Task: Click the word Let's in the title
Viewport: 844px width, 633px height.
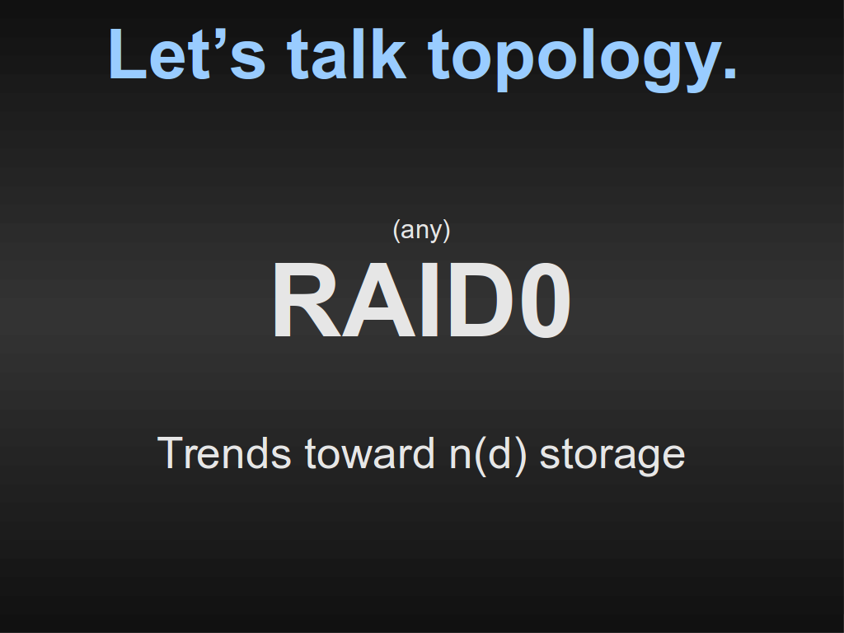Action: [187, 54]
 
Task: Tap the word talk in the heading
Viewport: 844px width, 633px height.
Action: [346, 54]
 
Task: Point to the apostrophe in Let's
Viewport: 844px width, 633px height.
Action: [219, 37]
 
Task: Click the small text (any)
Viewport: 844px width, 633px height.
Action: [421, 231]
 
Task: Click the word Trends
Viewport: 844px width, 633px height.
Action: [224, 453]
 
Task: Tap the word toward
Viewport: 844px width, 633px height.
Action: [370, 453]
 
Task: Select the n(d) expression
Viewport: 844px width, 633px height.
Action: [488, 456]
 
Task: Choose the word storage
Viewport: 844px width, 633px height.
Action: [612, 457]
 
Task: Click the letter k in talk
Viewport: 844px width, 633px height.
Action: [388, 54]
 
